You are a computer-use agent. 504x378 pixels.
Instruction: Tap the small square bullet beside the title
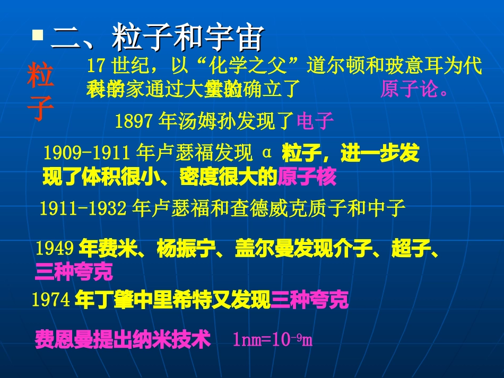pyautogui.click(x=37, y=36)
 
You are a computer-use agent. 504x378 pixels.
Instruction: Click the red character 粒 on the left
pyautogui.click(x=41, y=76)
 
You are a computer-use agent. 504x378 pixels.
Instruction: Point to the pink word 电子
pyautogui.click(x=315, y=122)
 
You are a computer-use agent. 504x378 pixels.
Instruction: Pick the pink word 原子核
pyautogui.click(x=307, y=178)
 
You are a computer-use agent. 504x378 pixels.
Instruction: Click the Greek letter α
pyautogui.click(x=267, y=153)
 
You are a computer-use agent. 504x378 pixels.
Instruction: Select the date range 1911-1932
pyautogui.click(x=83, y=208)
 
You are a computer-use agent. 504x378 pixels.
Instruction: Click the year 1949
pyautogui.click(x=55, y=248)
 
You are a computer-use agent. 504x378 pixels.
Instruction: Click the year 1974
pyautogui.click(x=51, y=301)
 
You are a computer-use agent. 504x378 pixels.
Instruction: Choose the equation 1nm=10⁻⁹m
pyautogui.click(x=273, y=339)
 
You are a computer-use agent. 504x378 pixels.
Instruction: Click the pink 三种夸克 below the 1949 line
pyautogui.click(x=74, y=271)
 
